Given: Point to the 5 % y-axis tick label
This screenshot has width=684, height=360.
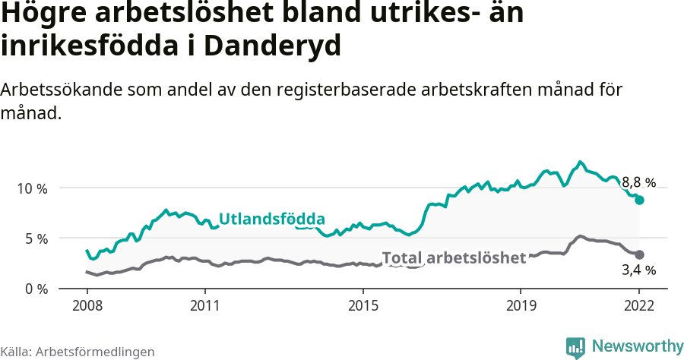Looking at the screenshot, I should pos(34,238).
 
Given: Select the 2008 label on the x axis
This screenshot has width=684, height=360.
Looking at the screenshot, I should pos(87,305).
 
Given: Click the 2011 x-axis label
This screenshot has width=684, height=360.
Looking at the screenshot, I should pos(204,305).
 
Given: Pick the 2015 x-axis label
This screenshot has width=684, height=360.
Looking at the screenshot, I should pos(363,305).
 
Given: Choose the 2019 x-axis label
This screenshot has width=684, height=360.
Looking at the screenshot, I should pos(521,305).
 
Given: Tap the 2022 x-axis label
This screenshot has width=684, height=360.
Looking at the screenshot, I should pos(639,305).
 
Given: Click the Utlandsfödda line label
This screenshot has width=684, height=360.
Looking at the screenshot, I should pos(272,219).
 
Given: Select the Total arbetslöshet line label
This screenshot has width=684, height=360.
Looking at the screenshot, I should pos(454,258).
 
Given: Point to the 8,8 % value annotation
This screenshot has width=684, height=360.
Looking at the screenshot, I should pos(638,182).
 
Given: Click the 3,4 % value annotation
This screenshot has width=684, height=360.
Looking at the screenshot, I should pos(638,270).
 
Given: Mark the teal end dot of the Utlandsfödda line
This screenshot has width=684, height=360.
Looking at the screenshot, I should pos(640,200).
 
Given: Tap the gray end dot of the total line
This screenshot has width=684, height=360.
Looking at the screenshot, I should pos(640,254).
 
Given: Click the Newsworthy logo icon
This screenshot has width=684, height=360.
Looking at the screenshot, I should pos(575,347).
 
